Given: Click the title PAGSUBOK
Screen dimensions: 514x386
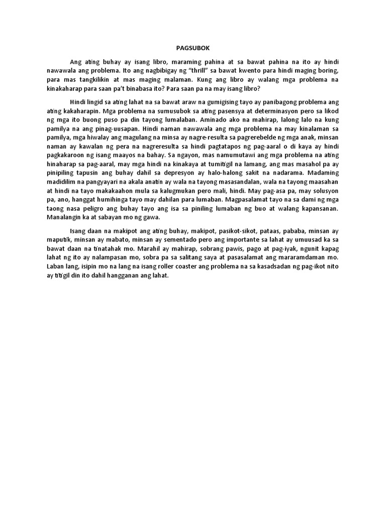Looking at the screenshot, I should pos(192,48).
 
